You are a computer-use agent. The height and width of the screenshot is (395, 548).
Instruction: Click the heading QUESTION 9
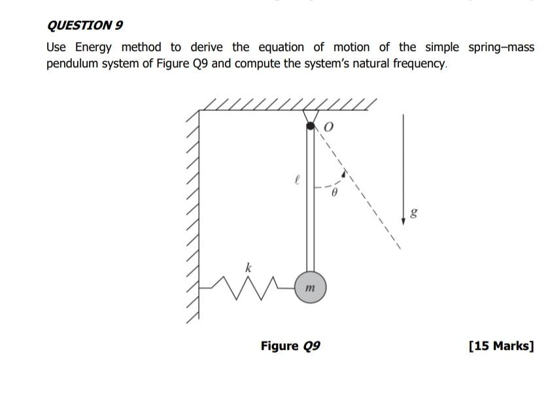(85, 26)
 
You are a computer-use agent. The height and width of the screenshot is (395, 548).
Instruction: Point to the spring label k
(248, 267)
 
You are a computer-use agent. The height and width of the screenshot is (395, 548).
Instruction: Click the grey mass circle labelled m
(310, 287)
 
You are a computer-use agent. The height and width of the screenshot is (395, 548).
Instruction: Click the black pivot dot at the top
(311, 126)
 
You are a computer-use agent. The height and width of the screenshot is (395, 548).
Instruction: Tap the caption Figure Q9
(290, 345)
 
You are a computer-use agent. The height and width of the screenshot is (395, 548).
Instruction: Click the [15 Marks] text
(501, 345)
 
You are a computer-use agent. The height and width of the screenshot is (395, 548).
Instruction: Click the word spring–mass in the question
(501, 47)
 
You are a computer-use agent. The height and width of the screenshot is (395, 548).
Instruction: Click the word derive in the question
(206, 47)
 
